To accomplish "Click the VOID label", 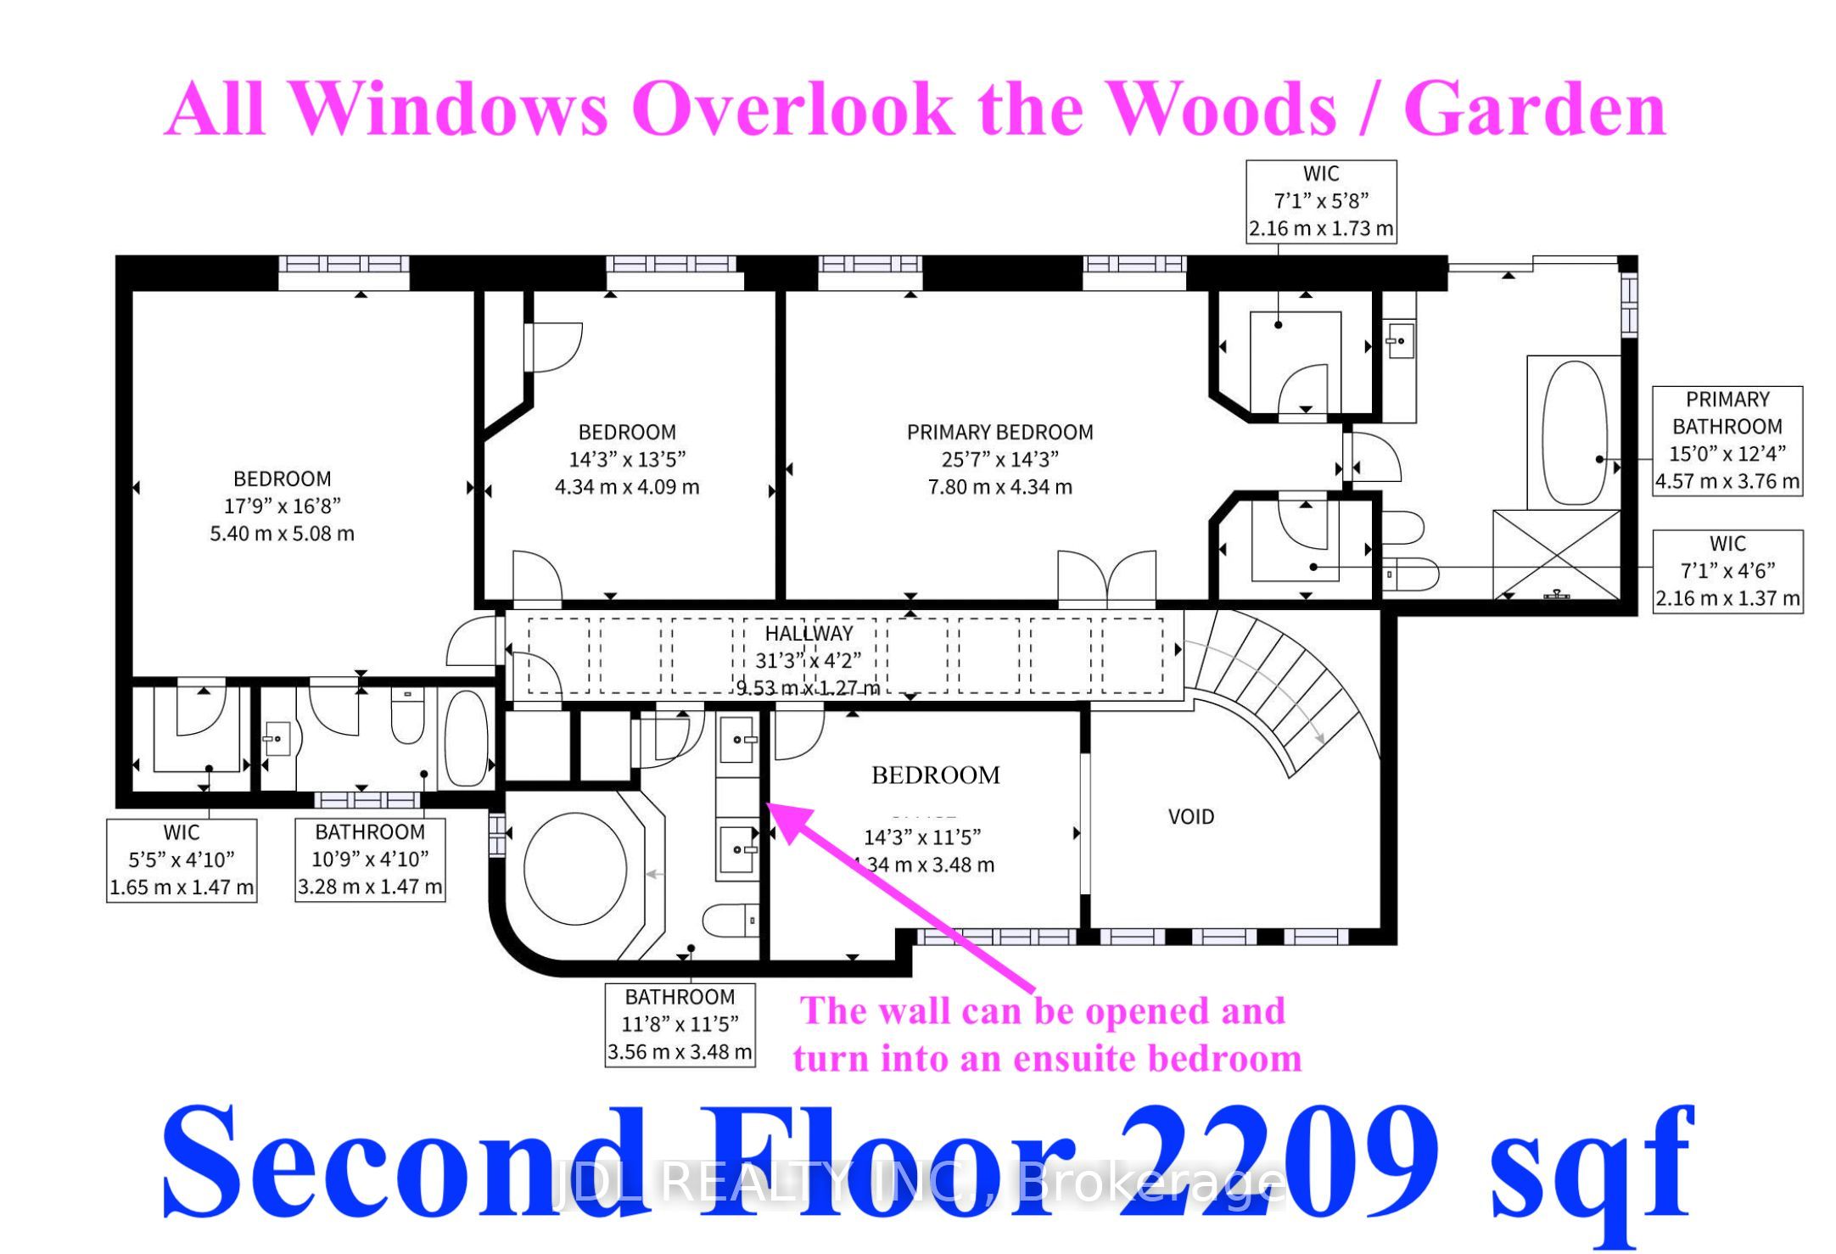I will (1190, 816).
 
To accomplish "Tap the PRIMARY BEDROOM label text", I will (999, 432).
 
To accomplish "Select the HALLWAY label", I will (809, 633).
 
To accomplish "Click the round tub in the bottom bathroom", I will (575, 870).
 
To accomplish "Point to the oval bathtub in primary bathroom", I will (1573, 433).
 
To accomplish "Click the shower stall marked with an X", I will (1556, 554).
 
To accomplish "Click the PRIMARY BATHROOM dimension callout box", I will (1727, 440).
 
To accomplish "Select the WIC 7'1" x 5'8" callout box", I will (1320, 201).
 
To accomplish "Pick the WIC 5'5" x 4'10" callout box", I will (182, 859).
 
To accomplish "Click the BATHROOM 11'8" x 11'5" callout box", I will (680, 1024).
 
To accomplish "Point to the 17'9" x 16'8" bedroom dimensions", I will (282, 506).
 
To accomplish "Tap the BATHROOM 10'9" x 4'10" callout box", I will (370, 859).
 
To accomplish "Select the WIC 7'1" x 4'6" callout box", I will (1727, 570).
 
